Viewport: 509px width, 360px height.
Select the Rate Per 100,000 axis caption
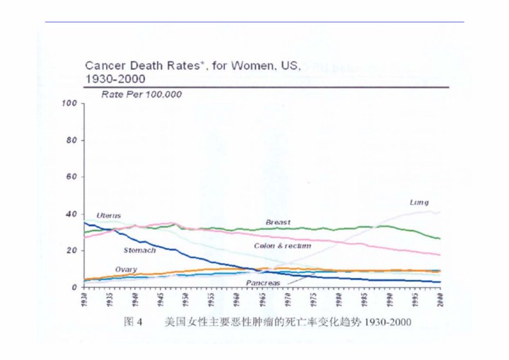pos(142,94)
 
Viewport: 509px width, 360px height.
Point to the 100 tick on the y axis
pos(69,104)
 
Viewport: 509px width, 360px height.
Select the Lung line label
pos(419,202)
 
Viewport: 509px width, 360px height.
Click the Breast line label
pos(278,222)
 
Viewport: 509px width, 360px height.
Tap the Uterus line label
pos(109,215)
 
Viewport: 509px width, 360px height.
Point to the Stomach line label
pos(139,250)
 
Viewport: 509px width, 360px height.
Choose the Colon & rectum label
pos(283,246)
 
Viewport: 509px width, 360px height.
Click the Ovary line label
pos(126,269)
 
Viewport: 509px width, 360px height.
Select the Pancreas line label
pos(263,283)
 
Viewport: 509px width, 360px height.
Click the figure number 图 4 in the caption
pos(133,322)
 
